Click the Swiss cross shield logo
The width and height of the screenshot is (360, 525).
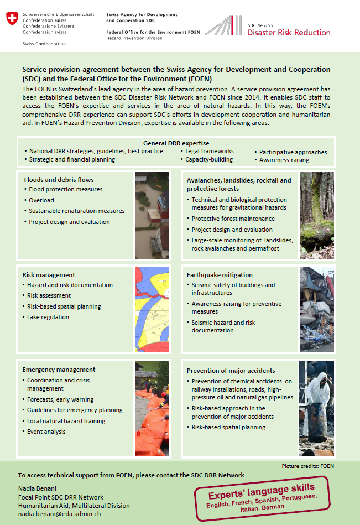[11, 19]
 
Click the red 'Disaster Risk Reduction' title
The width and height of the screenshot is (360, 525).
[289, 33]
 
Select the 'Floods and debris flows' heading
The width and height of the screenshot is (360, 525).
[59, 180]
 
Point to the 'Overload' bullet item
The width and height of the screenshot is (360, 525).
[41, 200]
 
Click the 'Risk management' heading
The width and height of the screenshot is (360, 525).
[49, 275]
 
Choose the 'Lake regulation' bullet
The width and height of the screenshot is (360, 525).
[48, 317]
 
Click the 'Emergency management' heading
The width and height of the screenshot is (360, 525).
[59, 370]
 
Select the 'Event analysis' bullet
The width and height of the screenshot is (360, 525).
[46, 432]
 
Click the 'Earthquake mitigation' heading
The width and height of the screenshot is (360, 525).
[220, 275]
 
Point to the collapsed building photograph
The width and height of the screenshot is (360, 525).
[316, 309]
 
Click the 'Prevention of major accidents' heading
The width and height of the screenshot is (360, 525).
[231, 371]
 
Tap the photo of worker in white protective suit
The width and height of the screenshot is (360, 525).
[316, 409]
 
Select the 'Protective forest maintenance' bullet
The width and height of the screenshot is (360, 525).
[233, 219]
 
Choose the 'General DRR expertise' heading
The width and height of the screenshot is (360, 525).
[180, 143]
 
